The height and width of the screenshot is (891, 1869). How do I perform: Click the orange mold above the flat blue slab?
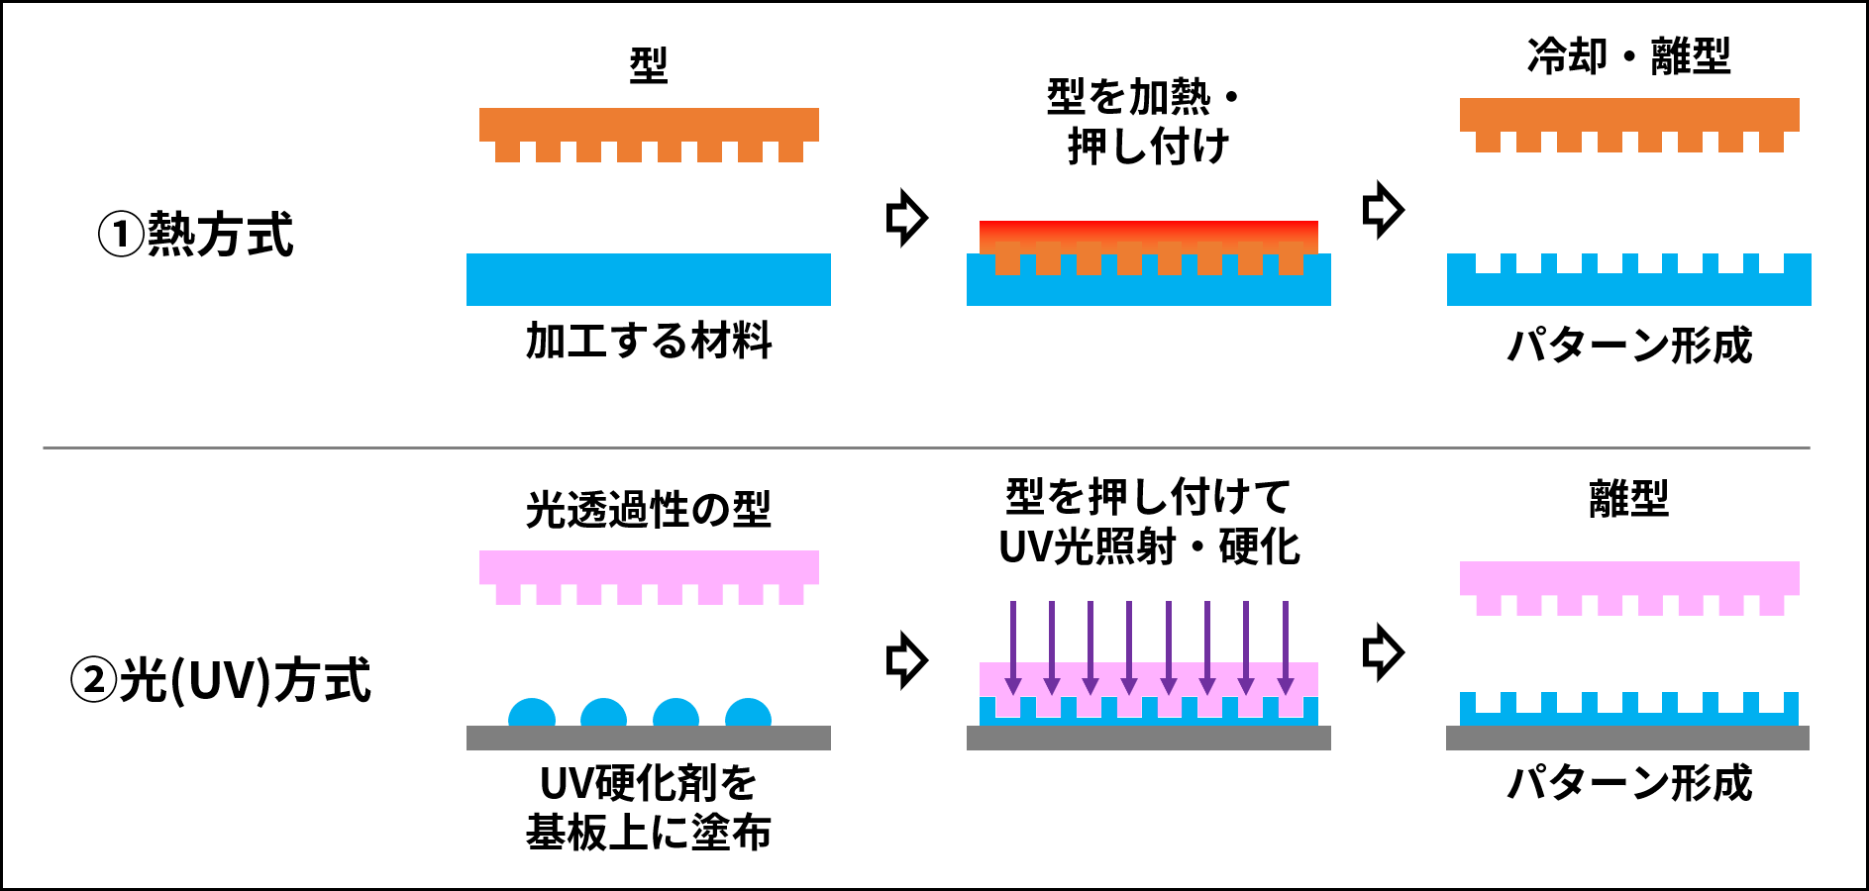pos(649,125)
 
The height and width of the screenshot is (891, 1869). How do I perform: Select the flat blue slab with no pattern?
pos(649,279)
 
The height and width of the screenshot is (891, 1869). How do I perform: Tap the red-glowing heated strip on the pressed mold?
pos(1149,230)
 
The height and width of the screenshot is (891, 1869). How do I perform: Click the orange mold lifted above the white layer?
pos(1629,115)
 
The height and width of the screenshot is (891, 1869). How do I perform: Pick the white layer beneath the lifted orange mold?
pos(1629,235)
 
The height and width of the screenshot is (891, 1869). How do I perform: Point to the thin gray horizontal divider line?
pos(926,447)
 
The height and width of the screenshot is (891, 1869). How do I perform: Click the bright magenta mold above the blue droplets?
pos(649,567)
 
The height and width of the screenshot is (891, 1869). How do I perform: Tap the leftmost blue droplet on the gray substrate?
pos(532,714)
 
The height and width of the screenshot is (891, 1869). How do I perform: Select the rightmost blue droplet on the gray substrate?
pos(748,714)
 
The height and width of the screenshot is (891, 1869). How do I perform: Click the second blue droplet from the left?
pos(603,714)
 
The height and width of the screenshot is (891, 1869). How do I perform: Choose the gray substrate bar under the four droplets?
pos(649,738)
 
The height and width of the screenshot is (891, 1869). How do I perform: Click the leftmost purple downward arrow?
pos(1012,643)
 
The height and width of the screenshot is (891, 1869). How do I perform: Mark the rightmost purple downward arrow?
pos(1286,643)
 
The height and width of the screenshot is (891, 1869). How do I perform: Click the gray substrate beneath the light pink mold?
pos(1149,738)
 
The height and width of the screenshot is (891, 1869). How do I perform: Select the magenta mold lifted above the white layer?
pos(1629,578)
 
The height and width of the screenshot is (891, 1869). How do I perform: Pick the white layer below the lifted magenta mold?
pos(1629,674)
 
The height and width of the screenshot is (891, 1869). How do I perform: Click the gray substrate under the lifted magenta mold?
pos(1627,738)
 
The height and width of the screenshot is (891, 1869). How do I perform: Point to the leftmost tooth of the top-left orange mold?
pos(507,151)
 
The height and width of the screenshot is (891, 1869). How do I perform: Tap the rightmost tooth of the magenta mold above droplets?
pos(791,594)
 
